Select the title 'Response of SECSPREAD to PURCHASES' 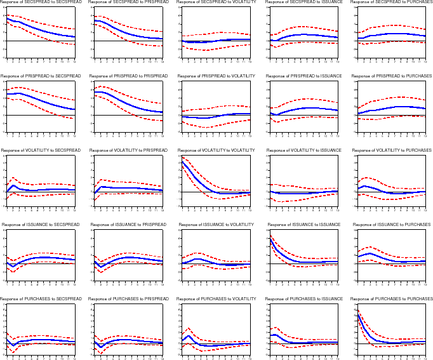coord(391,3)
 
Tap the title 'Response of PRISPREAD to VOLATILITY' coord(215,76)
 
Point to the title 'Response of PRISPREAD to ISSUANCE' coord(303,76)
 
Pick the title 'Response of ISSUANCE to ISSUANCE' coord(303,225)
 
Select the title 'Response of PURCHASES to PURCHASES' coord(391,298)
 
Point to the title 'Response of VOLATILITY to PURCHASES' coord(391,150)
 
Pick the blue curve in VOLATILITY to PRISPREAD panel coord(127,188)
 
